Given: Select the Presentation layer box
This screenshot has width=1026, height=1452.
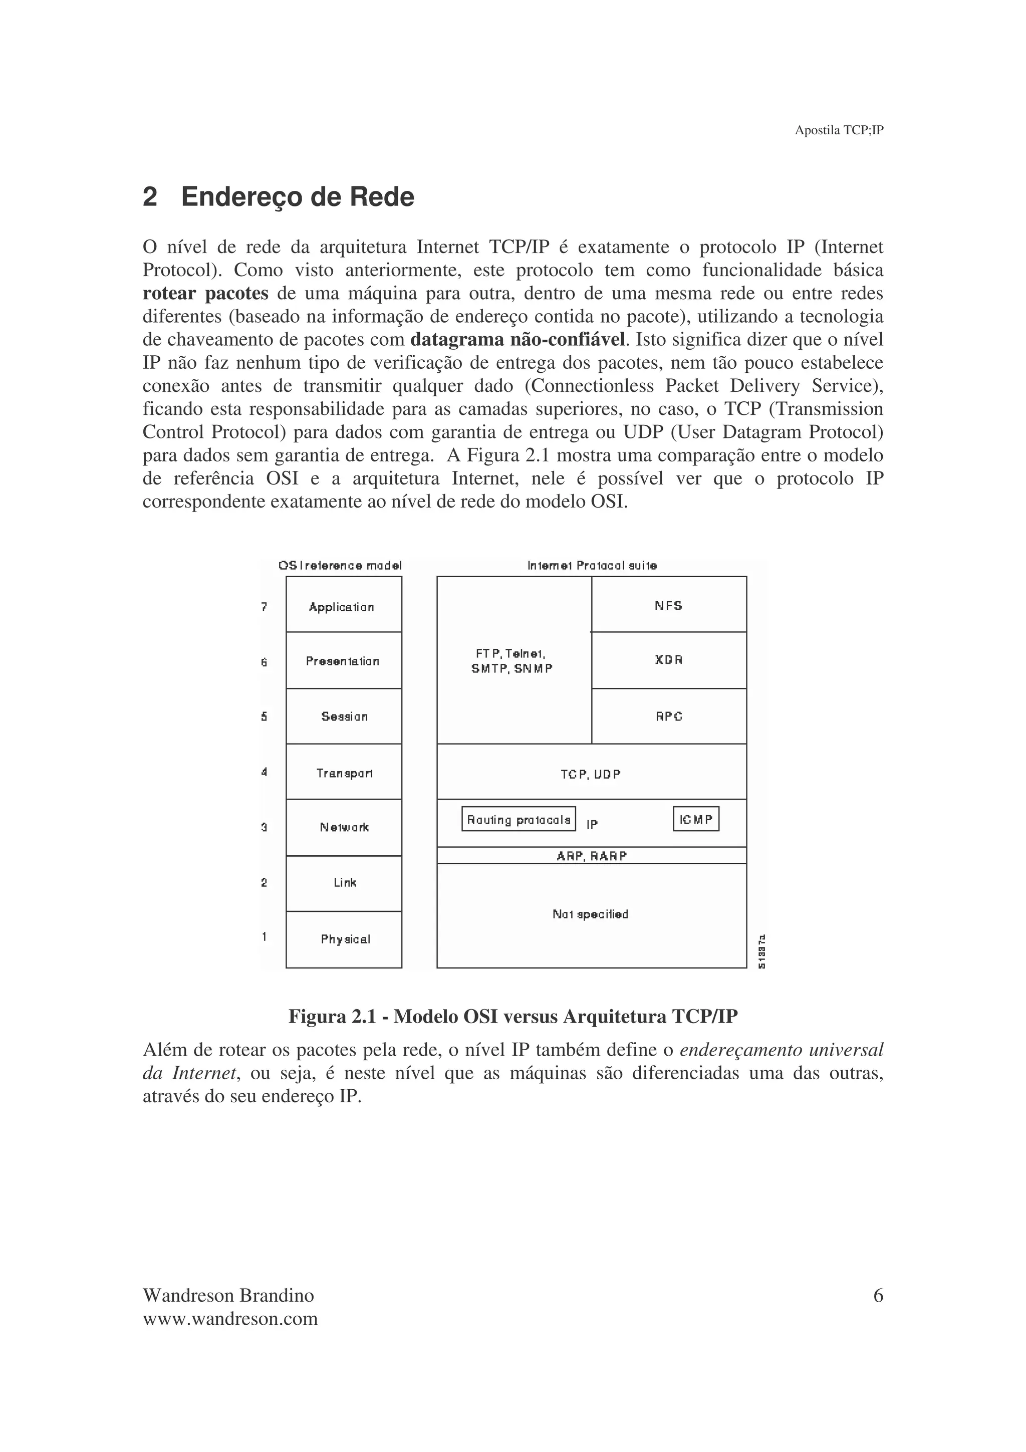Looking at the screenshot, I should pos(343,660).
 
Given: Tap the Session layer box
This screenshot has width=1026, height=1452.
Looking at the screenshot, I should pos(343,716).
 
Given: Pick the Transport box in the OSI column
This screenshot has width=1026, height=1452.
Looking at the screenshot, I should pos(343,772).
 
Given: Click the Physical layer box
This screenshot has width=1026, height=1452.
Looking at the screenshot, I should pos(343,938).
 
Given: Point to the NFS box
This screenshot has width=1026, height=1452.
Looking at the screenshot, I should pos(668,605).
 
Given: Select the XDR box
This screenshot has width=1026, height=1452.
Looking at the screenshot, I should pos(668,659).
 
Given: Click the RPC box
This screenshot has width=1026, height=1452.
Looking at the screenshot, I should pos(668,716).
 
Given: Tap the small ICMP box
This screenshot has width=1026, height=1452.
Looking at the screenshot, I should pos(695,819).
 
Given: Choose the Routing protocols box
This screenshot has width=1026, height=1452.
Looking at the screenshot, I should pos(519,819).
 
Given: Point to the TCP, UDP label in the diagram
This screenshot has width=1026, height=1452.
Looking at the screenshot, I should pos(591,774).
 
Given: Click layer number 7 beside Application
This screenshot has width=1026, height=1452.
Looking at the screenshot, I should pos(264,606).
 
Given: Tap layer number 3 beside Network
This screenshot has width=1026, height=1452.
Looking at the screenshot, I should pos(264,827).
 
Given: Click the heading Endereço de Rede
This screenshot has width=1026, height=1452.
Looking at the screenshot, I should pos(297,197).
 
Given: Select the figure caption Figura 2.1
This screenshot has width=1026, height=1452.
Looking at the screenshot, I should pos(512,1016).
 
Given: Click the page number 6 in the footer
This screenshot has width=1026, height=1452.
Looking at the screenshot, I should pos(877,1296).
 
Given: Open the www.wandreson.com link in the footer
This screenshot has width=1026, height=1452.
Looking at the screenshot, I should pos(230,1319).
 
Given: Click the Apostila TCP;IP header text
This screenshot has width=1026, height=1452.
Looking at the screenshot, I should pos(838,130).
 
